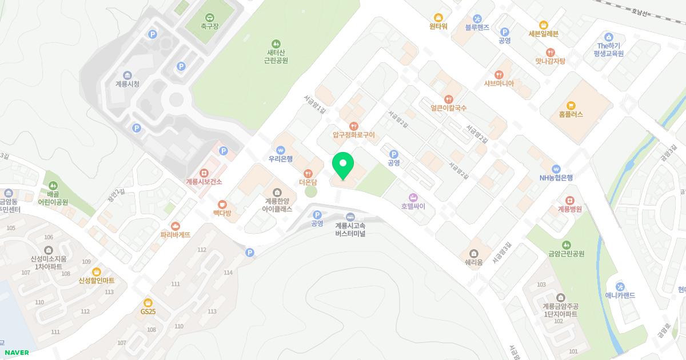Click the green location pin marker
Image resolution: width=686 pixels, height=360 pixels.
[343, 166]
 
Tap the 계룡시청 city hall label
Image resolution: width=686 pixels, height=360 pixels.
[127, 84]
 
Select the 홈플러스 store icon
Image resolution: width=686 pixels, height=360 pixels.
[571, 105]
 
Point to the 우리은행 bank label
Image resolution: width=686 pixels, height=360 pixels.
[280, 159]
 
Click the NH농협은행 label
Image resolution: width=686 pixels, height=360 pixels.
[556, 177]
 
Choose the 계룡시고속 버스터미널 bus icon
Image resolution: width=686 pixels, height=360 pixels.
[350, 217]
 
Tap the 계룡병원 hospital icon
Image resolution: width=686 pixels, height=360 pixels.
[570, 200]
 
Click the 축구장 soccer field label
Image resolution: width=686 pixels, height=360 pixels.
[210, 26]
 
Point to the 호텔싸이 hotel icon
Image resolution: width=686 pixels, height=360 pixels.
[413, 197]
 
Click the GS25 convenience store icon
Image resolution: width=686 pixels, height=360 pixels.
[148, 302]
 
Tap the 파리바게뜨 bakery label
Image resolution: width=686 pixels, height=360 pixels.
[175, 234]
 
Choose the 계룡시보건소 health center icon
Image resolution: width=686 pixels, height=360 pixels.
[204, 173]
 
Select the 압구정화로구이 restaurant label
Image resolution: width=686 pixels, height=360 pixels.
[354, 135]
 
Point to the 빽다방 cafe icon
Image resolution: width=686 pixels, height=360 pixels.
[222, 204]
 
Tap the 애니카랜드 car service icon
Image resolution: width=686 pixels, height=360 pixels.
[620, 286]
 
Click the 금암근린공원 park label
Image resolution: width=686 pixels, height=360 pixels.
[566, 254]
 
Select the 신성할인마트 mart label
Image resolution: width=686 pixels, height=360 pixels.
[97, 281]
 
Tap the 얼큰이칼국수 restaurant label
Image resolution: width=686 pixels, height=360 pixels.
[449, 107]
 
